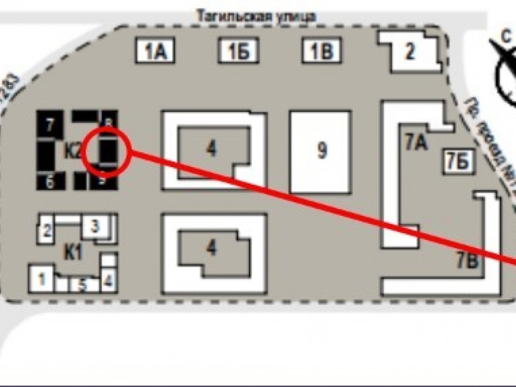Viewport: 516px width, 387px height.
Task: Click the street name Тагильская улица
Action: point(255,16)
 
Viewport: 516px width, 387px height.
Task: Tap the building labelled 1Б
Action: point(238,52)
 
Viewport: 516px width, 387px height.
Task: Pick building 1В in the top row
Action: point(321,52)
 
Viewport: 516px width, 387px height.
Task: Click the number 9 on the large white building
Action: point(321,151)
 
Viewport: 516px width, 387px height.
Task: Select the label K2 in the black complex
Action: point(72,152)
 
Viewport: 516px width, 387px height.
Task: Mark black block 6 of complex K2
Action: point(49,182)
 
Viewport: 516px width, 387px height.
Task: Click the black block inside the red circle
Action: point(107,151)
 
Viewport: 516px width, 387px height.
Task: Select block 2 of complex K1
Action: point(46,231)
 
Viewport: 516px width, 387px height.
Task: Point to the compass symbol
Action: point(506,77)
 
